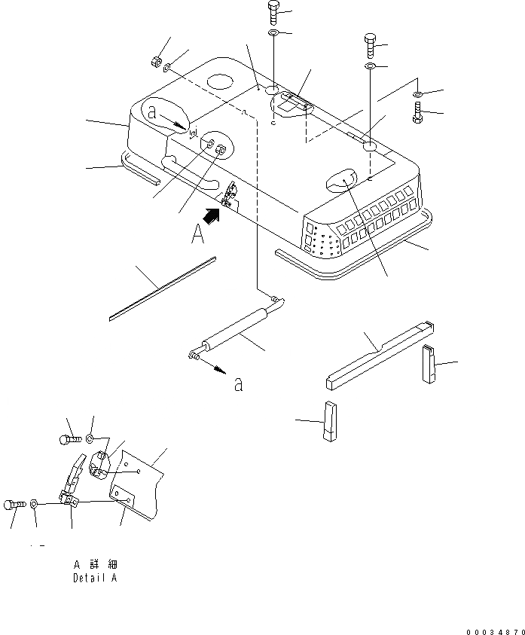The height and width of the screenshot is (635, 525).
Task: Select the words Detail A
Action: pyautogui.click(x=95, y=579)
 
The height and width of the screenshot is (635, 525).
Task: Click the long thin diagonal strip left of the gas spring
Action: pyautogui.click(x=162, y=287)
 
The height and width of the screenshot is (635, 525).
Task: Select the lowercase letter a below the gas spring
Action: pyautogui.click(x=238, y=383)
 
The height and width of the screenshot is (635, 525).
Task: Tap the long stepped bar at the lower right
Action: pyautogui.click(x=377, y=353)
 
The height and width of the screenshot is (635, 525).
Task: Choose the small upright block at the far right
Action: pyautogui.click(x=429, y=364)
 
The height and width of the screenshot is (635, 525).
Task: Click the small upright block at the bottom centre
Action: pyautogui.click(x=330, y=423)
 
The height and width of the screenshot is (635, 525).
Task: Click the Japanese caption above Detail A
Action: pyautogui.click(x=95, y=565)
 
